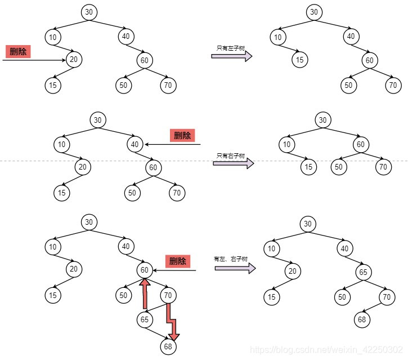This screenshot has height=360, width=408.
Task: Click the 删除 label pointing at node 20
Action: [x=19, y=52]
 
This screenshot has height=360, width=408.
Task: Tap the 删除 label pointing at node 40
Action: [x=182, y=135]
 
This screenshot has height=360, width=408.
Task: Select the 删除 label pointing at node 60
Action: [x=178, y=261]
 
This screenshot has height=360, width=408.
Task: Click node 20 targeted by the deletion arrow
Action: [x=74, y=59]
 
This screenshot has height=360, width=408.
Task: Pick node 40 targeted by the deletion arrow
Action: [x=134, y=144]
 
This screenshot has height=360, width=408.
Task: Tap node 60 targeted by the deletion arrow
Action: [x=145, y=270]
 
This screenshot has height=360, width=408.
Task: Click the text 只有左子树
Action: [x=230, y=48]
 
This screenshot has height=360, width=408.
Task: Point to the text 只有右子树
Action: [x=231, y=155]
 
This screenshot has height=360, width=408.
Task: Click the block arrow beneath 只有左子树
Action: [x=231, y=56]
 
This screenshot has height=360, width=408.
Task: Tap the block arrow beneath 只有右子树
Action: [x=233, y=163]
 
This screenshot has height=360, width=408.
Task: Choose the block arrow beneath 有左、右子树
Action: [x=235, y=268]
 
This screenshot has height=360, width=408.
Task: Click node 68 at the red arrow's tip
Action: [x=168, y=346]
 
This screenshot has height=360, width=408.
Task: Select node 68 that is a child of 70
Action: [x=362, y=319]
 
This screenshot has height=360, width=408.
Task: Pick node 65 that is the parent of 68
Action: [x=145, y=320]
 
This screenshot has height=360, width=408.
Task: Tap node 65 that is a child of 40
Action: [x=363, y=272]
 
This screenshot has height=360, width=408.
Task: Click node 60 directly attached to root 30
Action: [x=360, y=144]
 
